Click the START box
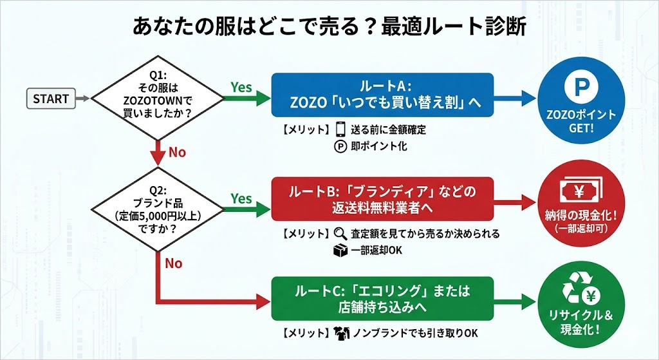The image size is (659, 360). [50, 99]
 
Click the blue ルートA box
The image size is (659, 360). [382, 95]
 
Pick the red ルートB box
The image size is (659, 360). [382, 199]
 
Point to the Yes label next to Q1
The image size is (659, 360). [241, 87]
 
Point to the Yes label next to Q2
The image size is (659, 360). [241, 199]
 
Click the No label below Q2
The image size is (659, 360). [174, 263]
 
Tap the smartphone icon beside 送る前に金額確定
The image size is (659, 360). [341, 129]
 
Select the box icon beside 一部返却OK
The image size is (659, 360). [340, 250]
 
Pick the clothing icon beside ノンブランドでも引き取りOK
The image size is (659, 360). [340, 334]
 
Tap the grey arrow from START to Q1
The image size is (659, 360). [82, 99]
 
